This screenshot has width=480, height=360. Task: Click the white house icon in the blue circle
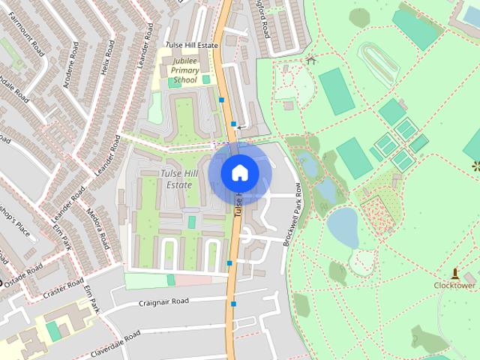click(239, 172)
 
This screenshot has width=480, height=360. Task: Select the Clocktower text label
click(454, 285)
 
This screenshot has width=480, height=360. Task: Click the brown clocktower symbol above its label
click(454, 273)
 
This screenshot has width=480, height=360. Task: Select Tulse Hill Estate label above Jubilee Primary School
click(191, 46)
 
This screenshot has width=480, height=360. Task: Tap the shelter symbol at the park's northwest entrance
click(311, 60)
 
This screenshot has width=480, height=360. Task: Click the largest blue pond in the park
click(343, 226)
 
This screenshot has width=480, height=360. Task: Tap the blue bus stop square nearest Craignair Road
click(234, 304)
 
